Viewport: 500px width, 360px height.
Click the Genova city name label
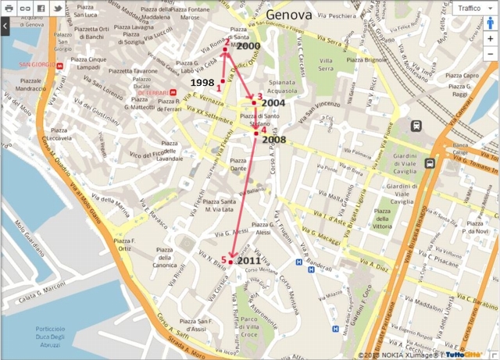289,15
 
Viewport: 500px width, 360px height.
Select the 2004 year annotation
273,103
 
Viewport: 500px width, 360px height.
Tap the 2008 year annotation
274,139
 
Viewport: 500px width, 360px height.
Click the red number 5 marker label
224,259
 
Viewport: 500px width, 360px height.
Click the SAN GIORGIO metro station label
35,65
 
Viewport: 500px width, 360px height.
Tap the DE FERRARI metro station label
153,93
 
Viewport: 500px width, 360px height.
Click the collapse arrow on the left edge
5,26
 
